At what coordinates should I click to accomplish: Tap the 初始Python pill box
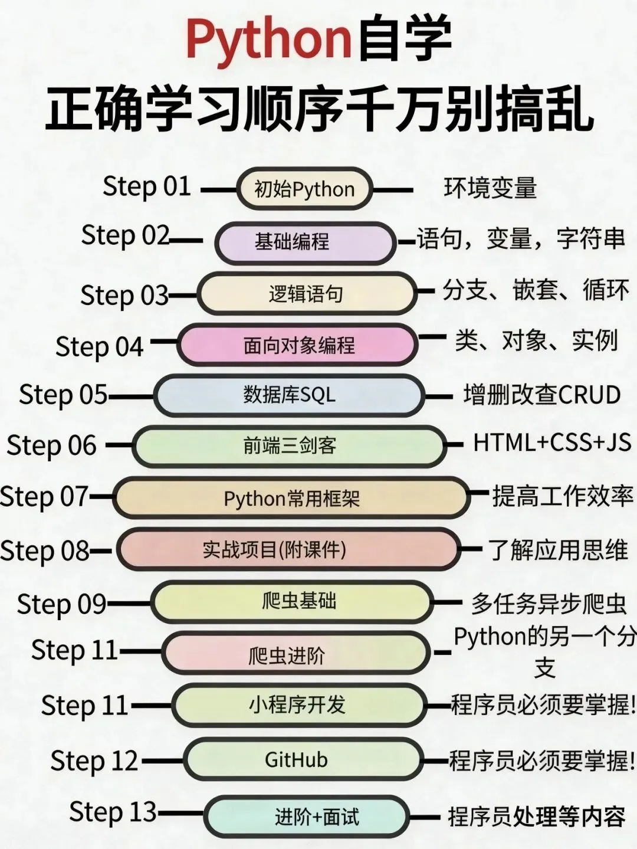pos(304,189)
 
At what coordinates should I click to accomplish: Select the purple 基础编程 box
pos(304,242)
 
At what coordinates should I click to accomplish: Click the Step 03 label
pos(124,295)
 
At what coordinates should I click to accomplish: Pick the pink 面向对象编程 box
pos(298,345)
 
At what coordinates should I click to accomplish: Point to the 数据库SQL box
pos(289,395)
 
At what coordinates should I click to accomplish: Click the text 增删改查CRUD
pos(541,395)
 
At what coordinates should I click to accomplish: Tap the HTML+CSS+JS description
pos(551,442)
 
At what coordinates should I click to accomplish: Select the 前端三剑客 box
pos(289,446)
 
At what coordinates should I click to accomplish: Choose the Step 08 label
pos(44,551)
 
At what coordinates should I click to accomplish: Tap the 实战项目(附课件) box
pos(288,550)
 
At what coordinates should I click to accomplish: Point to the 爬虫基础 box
pos(292,602)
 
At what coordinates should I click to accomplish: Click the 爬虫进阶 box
pos(295,654)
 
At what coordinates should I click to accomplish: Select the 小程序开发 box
pos(298,704)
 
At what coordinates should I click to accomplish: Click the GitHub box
pos(303,760)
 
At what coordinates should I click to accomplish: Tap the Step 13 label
pos(113,812)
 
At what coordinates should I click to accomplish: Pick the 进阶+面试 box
pos(307,817)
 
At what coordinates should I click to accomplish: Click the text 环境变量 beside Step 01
pos(490,189)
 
